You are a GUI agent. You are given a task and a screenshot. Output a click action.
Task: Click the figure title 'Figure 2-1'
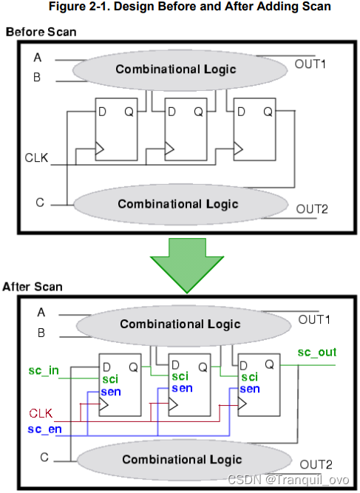(x=180, y=9)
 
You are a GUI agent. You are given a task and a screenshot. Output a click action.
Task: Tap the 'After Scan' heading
(x=33, y=287)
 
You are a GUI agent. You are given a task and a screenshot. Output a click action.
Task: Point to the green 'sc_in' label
(x=42, y=370)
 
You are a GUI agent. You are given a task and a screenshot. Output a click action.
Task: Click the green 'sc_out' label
(x=316, y=353)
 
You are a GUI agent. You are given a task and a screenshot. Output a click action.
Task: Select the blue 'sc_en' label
(x=44, y=428)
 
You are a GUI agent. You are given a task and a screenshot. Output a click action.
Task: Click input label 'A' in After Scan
(x=41, y=312)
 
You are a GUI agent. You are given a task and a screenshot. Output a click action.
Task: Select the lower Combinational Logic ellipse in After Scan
(x=181, y=459)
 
